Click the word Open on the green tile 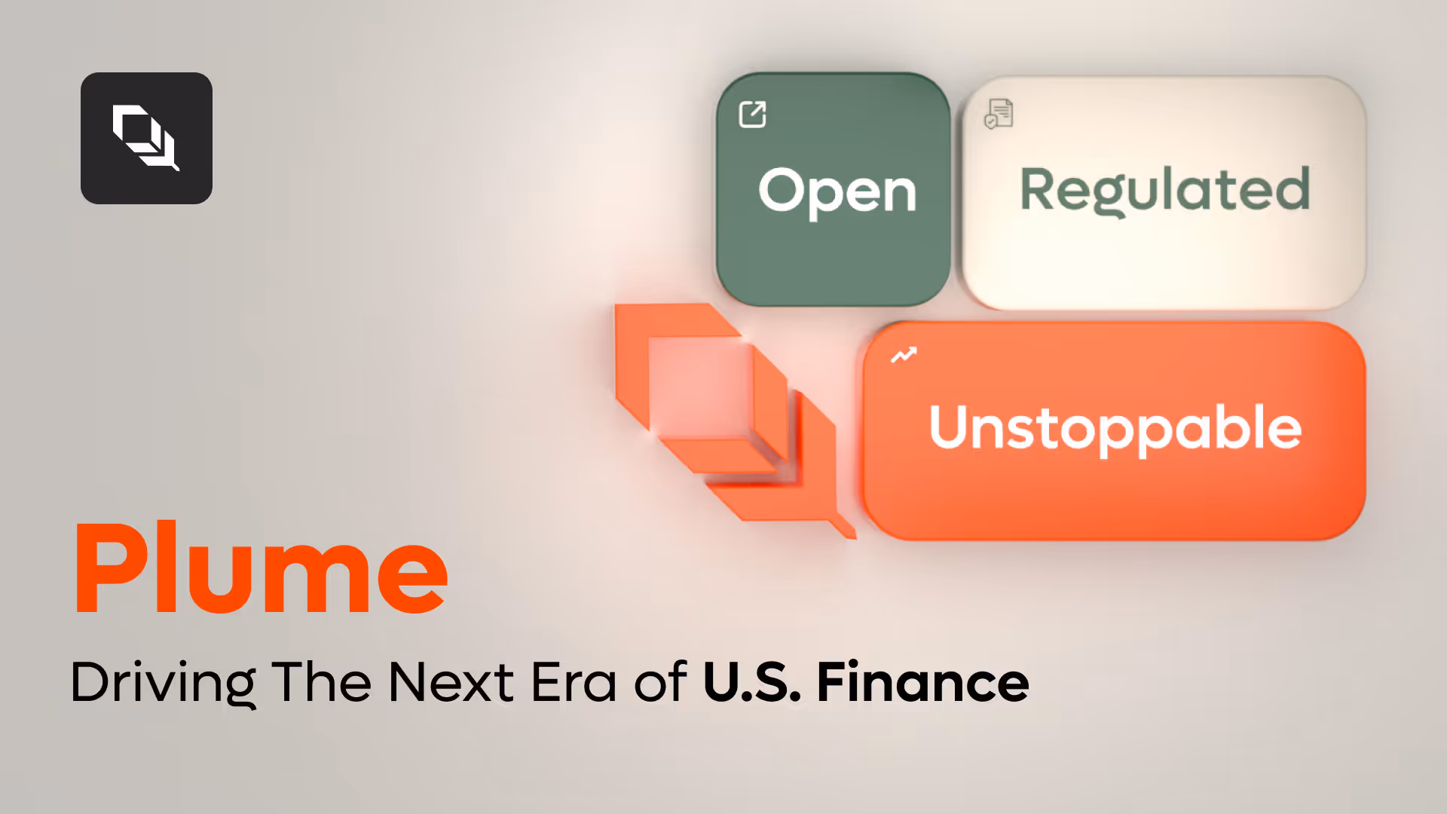(837, 192)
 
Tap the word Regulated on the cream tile (1165, 191)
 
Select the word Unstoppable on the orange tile (1115, 430)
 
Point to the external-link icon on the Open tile (753, 115)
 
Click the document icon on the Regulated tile (999, 114)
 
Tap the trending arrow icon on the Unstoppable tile (904, 355)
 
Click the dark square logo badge (146, 138)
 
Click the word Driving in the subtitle (163, 683)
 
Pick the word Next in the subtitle (451, 683)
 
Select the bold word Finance (923, 683)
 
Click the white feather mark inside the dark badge (146, 138)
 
